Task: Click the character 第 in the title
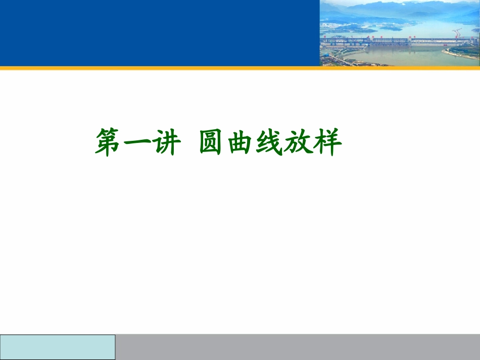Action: pos(110,142)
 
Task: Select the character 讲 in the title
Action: pos(166,142)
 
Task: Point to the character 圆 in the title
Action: pos(213,142)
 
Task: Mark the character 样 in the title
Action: pos(327,142)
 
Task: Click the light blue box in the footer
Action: pos(58,347)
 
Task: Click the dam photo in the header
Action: pos(400,33)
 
